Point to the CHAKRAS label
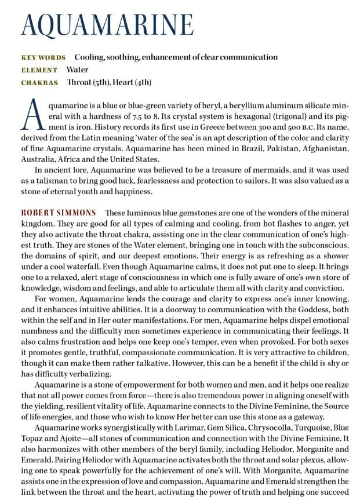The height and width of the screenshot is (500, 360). (x=39, y=83)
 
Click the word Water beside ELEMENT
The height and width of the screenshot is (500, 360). (x=78, y=70)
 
